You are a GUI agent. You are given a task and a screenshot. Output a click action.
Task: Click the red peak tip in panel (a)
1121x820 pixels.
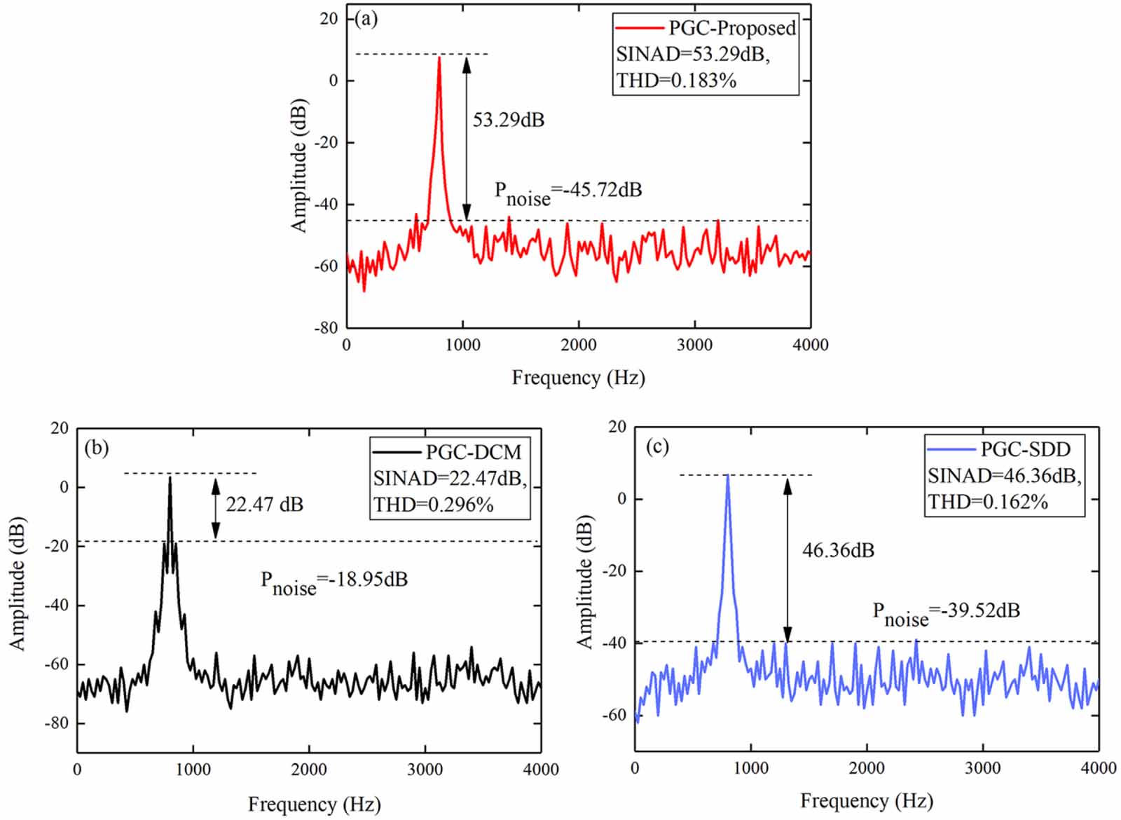coord(439,58)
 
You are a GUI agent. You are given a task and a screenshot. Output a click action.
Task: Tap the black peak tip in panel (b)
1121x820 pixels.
coord(170,478)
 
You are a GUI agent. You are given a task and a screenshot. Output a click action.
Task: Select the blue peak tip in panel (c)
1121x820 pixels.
coord(728,477)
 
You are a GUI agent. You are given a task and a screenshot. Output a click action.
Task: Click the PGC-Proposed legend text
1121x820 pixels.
coord(732,28)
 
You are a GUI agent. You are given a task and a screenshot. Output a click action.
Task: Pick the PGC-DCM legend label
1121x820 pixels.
coord(474,452)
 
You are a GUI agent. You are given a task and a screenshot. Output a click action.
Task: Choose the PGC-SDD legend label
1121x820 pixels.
coord(1025,449)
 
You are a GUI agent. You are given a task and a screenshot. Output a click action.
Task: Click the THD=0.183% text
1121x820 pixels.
coord(676,81)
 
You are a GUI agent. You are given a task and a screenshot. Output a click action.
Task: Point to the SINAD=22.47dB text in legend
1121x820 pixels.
coord(449,478)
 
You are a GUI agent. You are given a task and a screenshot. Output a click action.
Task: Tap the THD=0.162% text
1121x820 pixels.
coord(987,502)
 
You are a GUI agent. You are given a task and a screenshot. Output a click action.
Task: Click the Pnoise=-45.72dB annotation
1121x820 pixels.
coord(568,192)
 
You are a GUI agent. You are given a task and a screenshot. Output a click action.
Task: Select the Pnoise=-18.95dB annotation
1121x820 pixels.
coord(333,582)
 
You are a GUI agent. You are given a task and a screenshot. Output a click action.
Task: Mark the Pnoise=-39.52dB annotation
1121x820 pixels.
coord(946,613)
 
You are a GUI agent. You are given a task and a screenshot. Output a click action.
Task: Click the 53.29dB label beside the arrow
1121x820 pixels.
coord(508,120)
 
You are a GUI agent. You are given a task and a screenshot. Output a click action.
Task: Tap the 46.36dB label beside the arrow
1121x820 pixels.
coord(838,550)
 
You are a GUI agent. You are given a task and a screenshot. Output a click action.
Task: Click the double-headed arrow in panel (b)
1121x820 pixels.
coord(216,508)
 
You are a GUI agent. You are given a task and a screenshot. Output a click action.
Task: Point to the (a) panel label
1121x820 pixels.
coord(366,19)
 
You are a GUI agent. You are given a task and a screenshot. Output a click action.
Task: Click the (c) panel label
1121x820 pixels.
coord(656,446)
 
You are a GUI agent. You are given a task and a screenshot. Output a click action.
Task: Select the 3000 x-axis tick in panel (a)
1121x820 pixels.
coord(694,345)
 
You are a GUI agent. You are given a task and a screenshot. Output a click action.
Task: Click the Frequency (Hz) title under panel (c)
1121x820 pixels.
coord(866,800)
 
